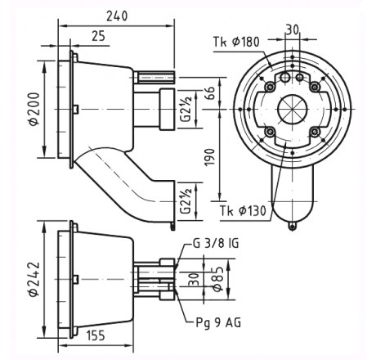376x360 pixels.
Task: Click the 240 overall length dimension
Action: pyautogui.click(x=117, y=16)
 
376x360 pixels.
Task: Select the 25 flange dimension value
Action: pyautogui.click(x=98, y=36)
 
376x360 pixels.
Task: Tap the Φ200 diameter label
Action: pyautogui.click(x=34, y=109)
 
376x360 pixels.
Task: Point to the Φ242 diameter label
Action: pyautogui.click(x=34, y=279)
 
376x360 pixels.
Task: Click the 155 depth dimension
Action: pyautogui.click(x=96, y=335)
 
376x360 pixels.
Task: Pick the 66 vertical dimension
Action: pyautogui.click(x=210, y=93)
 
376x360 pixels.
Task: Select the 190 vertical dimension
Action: pyautogui.click(x=210, y=157)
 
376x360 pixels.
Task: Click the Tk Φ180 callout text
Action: pyautogui.click(x=236, y=42)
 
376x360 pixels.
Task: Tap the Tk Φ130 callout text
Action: pyautogui.click(x=243, y=211)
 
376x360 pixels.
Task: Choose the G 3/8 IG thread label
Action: pyautogui.click(x=216, y=243)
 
